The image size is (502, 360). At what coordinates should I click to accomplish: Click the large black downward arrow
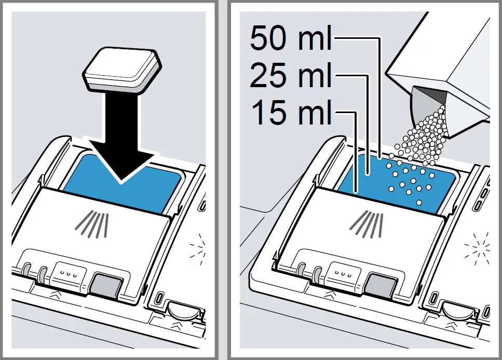(x=121, y=135)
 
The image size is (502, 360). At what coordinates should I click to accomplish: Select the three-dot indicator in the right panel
(x=342, y=271)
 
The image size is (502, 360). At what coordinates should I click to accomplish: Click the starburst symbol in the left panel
(x=197, y=243)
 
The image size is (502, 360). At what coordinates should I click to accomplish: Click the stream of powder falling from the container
(x=423, y=135)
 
